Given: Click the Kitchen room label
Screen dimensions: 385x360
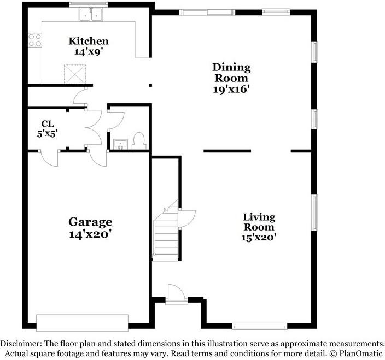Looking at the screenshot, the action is [89, 41].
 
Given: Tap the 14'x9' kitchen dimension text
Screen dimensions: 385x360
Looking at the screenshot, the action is [89, 52].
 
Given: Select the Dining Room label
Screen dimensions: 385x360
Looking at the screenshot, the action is [231, 73].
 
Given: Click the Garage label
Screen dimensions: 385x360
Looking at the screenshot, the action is [90, 222].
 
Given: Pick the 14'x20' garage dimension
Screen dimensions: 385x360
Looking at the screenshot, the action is [90, 234].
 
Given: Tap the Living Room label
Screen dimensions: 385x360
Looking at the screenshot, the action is [259, 222].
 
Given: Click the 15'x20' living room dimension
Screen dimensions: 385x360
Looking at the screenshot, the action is [259, 238].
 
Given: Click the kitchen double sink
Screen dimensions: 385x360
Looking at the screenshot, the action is [91, 15].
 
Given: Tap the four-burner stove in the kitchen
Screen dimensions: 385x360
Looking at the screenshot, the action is [35, 40].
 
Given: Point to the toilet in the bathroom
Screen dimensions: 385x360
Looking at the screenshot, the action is [139, 141].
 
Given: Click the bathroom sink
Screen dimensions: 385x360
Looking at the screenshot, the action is [120, 144].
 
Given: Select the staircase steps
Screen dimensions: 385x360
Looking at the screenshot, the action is [166, 234].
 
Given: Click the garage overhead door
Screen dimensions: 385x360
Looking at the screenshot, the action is [82, 323].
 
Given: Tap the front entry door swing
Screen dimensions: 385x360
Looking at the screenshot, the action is [176, 292].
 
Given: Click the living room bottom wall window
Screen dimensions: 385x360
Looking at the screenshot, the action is [260, 326].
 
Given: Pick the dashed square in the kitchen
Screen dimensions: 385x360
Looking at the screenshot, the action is [75, 74].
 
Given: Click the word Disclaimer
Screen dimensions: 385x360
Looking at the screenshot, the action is [21, 343].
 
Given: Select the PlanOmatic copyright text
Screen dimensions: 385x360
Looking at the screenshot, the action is [356, 353].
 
